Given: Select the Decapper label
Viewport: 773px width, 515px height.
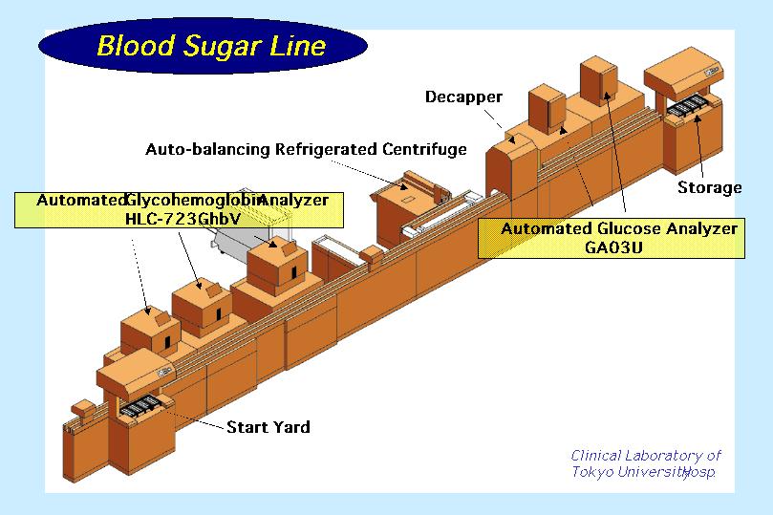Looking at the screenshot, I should [x=463, y=97].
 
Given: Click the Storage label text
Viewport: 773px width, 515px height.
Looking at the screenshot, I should [x=709, y=187].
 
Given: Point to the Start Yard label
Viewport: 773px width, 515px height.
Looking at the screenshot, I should [x=268, y=427].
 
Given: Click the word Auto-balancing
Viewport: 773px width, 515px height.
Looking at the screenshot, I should [x=208, y=149].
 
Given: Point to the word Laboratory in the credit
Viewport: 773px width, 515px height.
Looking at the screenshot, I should [x=668, y=456].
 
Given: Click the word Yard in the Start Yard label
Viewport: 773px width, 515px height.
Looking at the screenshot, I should [x=290, y=427].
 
